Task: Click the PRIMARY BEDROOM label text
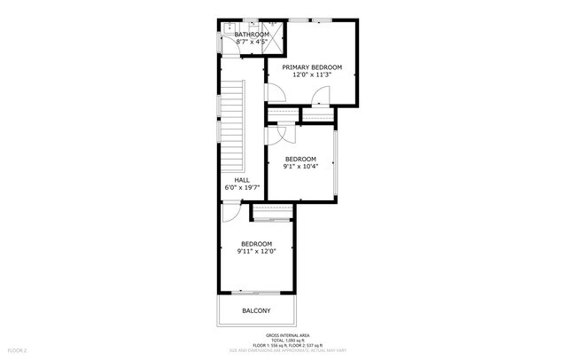312,67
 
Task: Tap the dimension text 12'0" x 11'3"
312,74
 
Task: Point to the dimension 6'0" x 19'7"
241,187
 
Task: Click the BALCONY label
256,310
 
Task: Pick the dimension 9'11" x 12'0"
256,251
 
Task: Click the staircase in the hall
232,124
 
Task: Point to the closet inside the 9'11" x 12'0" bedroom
271,212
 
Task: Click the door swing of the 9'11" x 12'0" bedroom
230,213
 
